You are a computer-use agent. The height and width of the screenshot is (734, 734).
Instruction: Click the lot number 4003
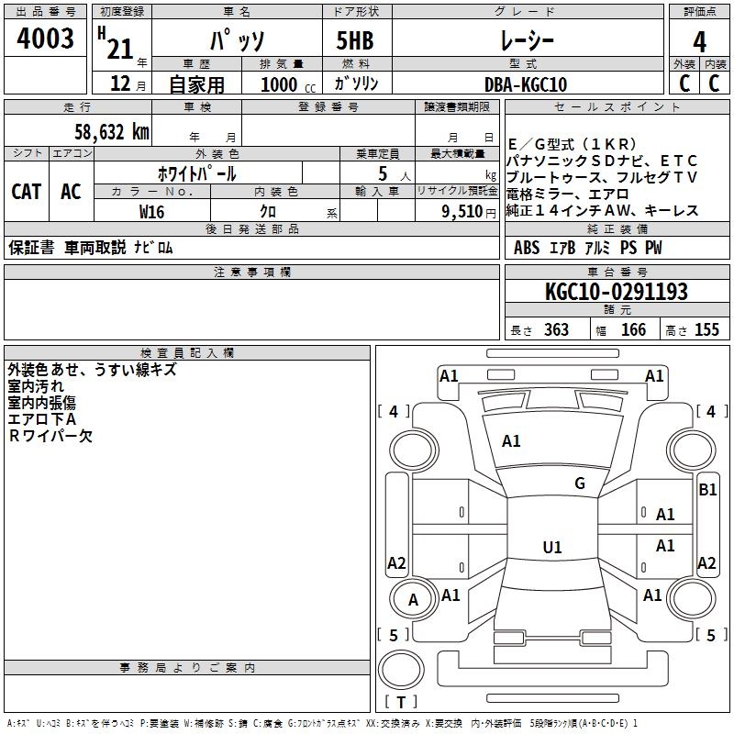[47, 39]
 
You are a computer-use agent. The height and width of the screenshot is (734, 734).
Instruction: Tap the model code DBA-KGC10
[526, 84]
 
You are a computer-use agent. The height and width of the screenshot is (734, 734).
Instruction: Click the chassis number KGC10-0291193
[616, 292]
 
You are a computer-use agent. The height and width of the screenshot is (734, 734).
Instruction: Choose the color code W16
[151, 211]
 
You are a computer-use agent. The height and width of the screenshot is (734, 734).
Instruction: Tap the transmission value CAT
[26, 191]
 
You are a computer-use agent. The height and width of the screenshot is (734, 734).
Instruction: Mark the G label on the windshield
[579, 483]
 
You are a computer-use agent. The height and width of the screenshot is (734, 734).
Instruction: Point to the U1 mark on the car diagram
[551, 547]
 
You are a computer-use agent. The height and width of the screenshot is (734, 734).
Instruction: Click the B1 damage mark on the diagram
[707, 490]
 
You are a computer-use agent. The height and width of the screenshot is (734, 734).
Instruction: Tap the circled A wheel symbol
[413, 600]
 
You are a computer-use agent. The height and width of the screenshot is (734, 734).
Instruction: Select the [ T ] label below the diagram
[401, 703]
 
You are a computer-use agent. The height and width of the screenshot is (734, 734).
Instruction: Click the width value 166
[633, 329]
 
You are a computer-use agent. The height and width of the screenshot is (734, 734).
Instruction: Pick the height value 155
[706, 329]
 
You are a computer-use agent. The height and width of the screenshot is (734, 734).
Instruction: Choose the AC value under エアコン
[71, 191]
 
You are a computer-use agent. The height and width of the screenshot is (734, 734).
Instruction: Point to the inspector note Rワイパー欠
[50, 437]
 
